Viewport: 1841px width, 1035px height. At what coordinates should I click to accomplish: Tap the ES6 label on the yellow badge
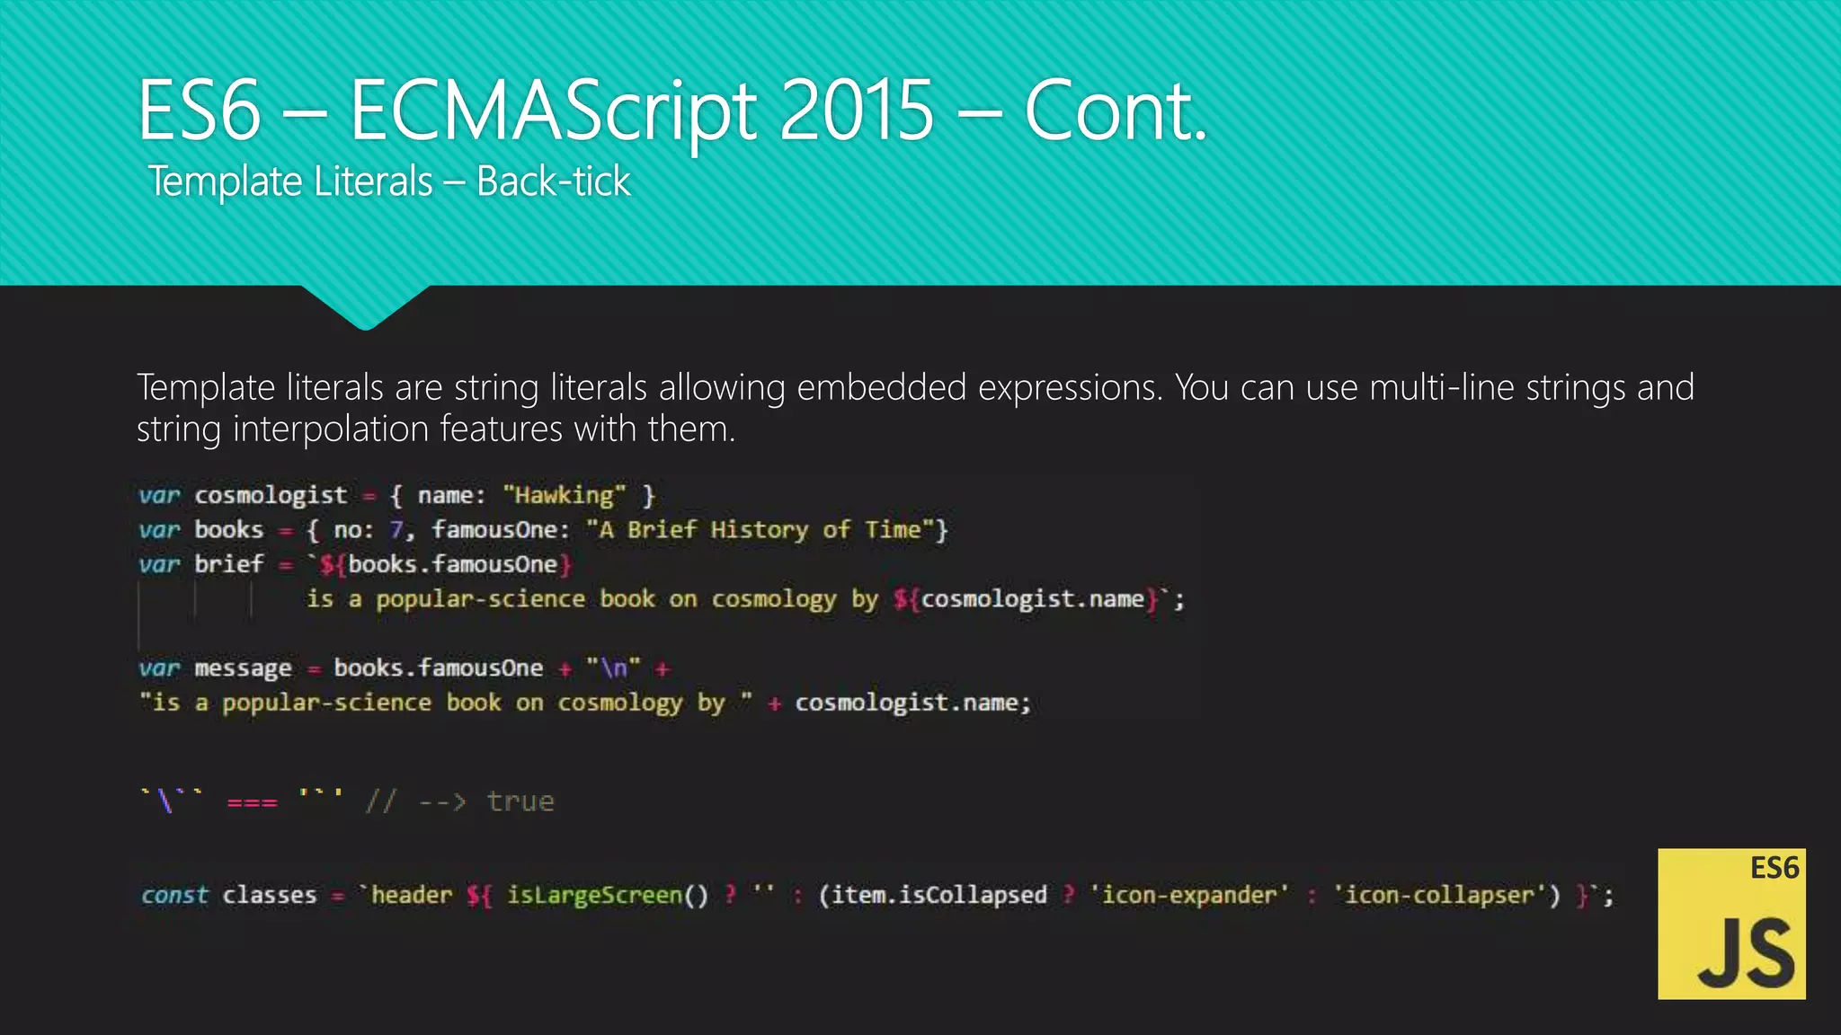1774,868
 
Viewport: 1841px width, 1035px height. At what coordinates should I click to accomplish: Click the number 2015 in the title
856,111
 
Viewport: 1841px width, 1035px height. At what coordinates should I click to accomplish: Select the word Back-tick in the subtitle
553,181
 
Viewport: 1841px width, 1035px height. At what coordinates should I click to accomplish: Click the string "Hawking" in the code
564,495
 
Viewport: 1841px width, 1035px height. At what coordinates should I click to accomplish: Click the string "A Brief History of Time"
760,530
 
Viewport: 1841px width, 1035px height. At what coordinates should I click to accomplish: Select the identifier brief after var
229,564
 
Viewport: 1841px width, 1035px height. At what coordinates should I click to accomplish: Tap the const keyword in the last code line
174,895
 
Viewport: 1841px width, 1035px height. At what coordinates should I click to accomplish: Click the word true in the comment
520,801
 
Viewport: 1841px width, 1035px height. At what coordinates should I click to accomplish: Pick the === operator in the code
252,801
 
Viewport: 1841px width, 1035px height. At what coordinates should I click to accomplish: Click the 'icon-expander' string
1189,895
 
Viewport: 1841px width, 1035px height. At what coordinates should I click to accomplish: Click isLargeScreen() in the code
608,895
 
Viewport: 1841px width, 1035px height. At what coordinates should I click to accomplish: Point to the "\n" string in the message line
613,668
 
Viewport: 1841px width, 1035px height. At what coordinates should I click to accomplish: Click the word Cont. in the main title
1115,111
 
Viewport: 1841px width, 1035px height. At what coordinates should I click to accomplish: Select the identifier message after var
243,668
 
